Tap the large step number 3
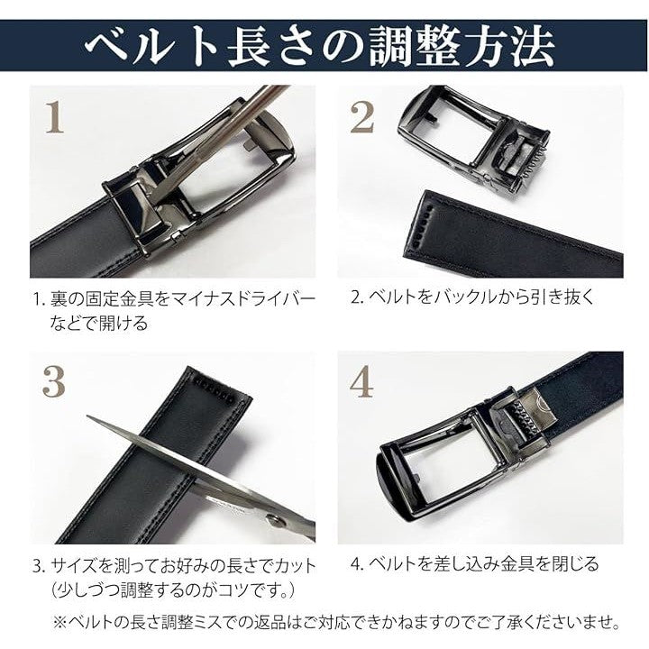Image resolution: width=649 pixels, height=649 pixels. point(54,381)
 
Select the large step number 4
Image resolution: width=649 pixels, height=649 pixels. point(361,381)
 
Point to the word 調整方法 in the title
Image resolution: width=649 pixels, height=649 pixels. point(462,46)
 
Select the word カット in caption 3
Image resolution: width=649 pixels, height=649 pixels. point(295,566)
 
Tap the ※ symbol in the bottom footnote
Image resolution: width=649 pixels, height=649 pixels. point(61,622)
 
